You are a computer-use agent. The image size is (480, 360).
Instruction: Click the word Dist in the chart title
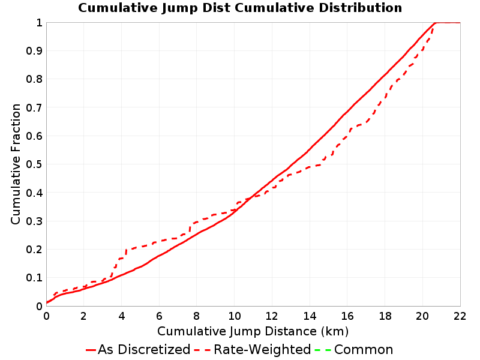[x=217, y=8]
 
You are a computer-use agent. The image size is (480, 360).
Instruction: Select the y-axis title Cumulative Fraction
[x=16, y=164]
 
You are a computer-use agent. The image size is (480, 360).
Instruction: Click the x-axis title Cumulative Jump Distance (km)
[x=253, y=331]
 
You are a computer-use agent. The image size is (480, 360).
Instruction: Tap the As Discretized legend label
[x=144, y=349]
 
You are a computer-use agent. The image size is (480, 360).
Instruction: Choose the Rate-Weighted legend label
[x=262, y=349]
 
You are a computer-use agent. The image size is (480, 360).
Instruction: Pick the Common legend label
[x=364, y=349]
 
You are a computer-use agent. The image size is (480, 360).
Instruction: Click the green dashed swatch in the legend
[x=323, y=350]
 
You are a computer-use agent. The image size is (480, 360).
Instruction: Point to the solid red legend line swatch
[x=91, y=350]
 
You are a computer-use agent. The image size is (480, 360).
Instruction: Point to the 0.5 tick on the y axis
[x=34, y=164]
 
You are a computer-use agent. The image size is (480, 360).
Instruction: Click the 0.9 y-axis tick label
[x=34, y=51]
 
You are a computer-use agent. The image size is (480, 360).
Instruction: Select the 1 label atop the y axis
[x=39, y=23]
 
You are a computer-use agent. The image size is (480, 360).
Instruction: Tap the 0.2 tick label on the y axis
[x=34, y=250]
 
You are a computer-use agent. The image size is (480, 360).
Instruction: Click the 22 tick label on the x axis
[x=460, y=316]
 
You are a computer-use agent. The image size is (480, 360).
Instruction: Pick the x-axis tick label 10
[x=235, y=316]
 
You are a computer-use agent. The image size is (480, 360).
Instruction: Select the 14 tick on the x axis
[x=310, y=316]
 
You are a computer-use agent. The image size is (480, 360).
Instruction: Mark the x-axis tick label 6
[x=159, y=316]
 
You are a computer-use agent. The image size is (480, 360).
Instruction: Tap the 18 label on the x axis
[x=385, y=316]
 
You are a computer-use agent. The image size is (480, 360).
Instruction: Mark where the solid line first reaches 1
[x=435, y=23]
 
